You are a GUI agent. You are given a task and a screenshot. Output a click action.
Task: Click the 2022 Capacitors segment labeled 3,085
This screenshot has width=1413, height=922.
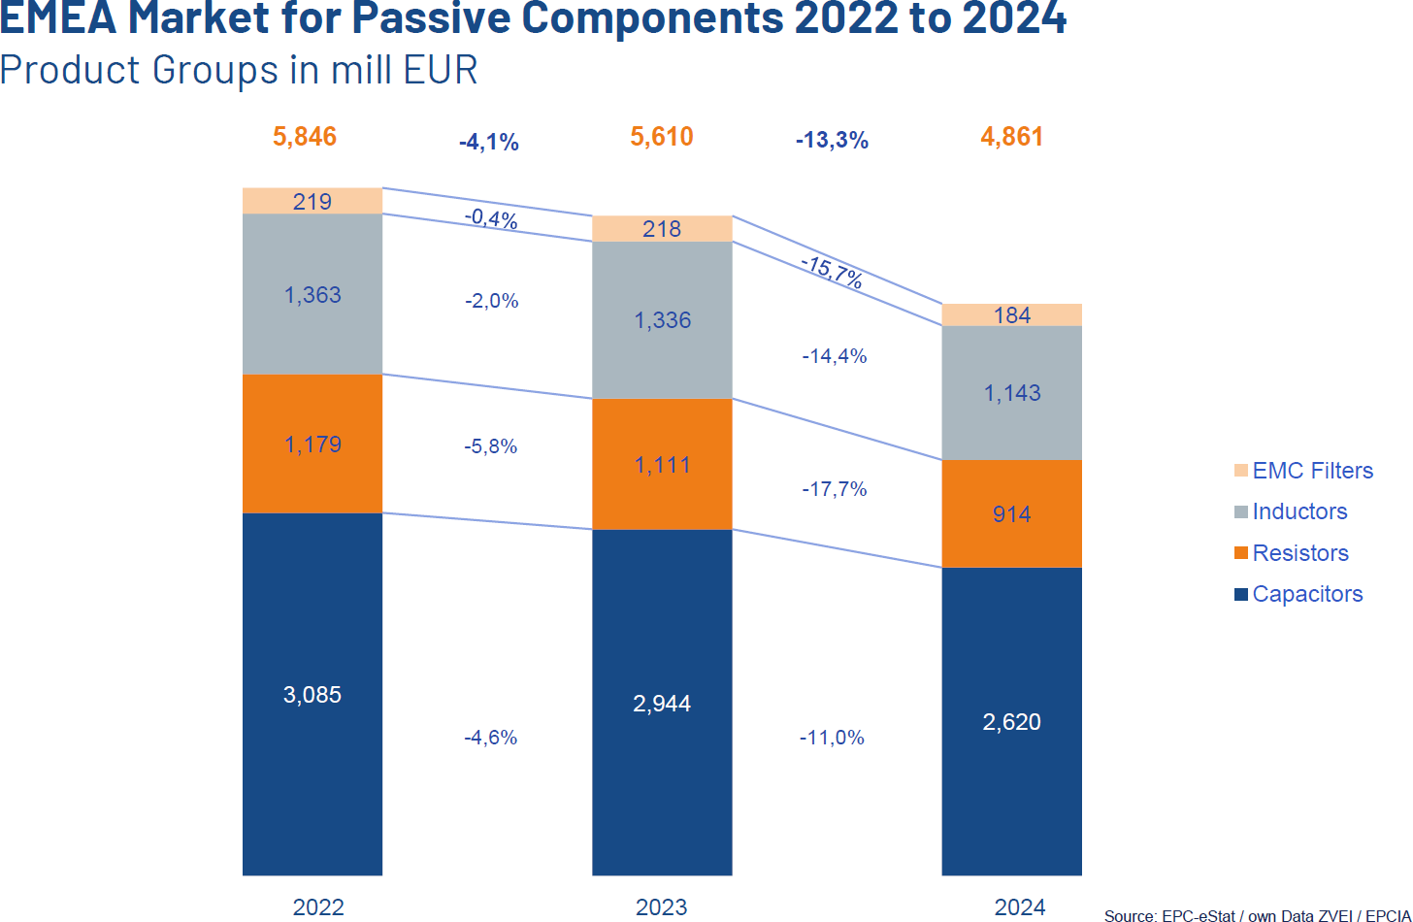(312, 694)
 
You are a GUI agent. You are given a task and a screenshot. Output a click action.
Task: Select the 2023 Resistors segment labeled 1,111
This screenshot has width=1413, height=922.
(662, 464)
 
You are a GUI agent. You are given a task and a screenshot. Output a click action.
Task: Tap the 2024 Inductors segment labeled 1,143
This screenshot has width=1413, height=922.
(1011, 392)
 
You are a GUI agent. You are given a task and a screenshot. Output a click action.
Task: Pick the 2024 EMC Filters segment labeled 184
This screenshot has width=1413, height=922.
(1011, 315)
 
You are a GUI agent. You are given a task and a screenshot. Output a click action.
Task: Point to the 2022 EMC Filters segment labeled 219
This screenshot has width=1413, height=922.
(312, 201)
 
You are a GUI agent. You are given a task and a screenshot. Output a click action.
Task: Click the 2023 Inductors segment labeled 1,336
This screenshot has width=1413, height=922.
(662, 319)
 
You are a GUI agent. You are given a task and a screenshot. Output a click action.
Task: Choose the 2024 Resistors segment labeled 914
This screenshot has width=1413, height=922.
(1011, 513)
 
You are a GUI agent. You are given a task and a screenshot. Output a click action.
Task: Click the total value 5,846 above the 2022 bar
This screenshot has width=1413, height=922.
(305, 137)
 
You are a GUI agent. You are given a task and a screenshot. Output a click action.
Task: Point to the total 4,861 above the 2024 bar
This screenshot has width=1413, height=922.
(1011, 137)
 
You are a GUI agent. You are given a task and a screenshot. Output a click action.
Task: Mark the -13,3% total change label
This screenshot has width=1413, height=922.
(832, 142)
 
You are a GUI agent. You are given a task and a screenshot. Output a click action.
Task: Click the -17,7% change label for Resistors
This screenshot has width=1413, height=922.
(834, 489)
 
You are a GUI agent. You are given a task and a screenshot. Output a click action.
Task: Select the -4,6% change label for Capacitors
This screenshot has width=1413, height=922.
(490, 738)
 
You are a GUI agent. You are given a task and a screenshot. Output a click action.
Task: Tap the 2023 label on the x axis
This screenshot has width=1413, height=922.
(662, 907)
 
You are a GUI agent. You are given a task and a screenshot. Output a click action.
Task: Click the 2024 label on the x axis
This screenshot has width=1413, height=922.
(1019, 907)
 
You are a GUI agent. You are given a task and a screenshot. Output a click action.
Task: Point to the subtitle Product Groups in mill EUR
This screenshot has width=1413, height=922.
(239, 71)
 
